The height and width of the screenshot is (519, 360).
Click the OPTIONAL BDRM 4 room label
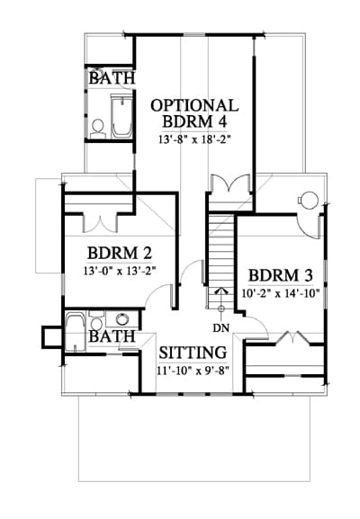194,113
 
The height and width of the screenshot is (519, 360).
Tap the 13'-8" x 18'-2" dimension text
194,139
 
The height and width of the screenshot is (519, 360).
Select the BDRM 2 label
120,254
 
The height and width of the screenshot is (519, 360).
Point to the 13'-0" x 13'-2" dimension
120,272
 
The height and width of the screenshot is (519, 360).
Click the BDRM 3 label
281,275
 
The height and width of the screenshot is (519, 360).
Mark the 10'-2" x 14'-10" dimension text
281,293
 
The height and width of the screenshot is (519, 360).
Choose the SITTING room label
193,353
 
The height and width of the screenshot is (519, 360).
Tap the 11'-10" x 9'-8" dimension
193,371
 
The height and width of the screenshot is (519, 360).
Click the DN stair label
220,328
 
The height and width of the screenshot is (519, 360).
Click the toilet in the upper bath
98,130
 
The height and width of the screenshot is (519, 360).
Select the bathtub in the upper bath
121,116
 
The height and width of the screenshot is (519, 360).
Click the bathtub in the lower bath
76,331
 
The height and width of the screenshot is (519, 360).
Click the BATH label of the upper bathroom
112,78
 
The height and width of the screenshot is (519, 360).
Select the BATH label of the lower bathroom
112,336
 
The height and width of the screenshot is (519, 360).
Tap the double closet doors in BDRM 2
100,223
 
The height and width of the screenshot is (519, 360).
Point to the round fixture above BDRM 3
310,201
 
